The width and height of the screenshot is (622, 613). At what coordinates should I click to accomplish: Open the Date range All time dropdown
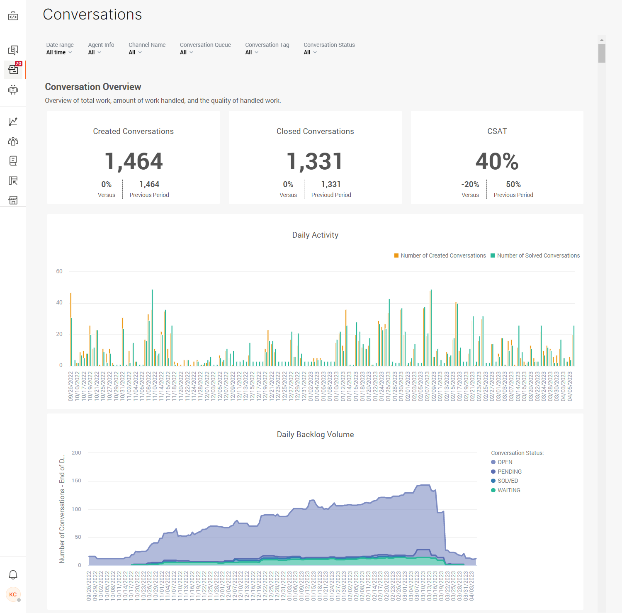[x=59, y=52]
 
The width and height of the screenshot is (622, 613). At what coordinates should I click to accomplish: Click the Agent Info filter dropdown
[x=95, y=52]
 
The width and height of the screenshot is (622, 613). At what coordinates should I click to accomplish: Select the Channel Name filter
[x=135, y=52]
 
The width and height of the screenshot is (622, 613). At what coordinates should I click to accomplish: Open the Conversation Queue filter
[x=187, y=52]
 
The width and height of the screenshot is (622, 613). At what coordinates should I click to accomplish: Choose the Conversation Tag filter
[x=252, y=52]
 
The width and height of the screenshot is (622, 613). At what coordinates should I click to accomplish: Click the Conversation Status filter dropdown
[x=310, y=52]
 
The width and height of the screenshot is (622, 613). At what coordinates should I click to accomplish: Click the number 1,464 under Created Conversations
[x=134, y=161]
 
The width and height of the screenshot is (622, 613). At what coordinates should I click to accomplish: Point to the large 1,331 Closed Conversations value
[x=315, y=161]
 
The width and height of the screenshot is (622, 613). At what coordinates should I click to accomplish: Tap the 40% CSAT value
[x=497, y=161]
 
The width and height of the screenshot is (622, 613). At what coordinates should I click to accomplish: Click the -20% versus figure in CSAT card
[x=470, y=185]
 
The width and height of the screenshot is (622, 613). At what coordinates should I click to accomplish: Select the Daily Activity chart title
[x=315, y=235]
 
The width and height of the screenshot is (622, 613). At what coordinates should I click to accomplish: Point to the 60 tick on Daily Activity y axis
[x=59, y=272]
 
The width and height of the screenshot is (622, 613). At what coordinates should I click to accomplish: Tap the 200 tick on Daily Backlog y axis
[x=76, y=453]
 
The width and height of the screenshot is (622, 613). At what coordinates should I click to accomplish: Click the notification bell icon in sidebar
[x=13, y=575]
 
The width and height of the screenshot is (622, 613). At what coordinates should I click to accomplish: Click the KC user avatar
[x=13, y=594]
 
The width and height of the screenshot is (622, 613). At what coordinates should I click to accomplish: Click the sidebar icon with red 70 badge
[x=13, y=70]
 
